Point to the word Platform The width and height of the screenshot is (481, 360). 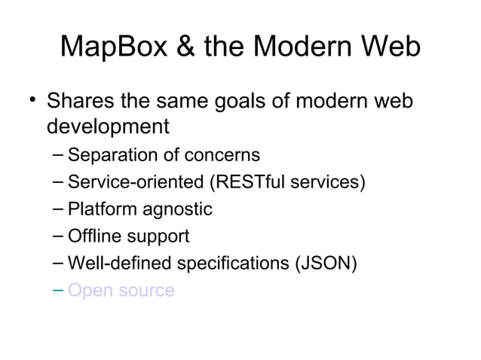tap(97, 209)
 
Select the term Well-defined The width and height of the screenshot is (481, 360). tap(111, 263)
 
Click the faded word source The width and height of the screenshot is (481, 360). tap(147, 291)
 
